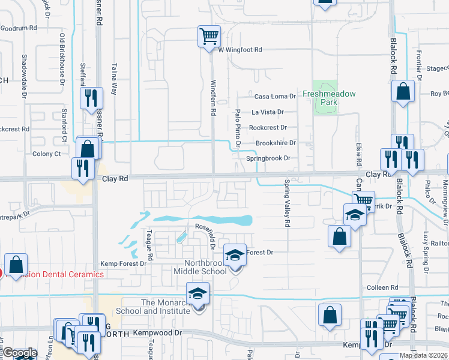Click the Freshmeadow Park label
pyautogui.click(x=328, y=98)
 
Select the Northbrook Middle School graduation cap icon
pyautogui.click(x=235, y=256)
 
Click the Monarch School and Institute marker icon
pyautogui.click(x=196, y=294)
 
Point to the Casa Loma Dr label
pyautogui.click(x=276, y=96)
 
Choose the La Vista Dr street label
pyautogui.click(x=267, y=112)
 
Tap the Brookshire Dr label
pyautogui.click(x=276, y=143)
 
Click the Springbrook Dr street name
pyautogui.click(x=268, y=158)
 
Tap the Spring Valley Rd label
pyautogui.click(x=287, y=203)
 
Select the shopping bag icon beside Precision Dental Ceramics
pyautogui.click(x=16, y=264)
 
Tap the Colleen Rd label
pyautogui.click(x=386, y=287)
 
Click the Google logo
pyautogui.click(x=20, y=353)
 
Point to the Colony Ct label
pyautogui.click(x=46, y=154)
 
